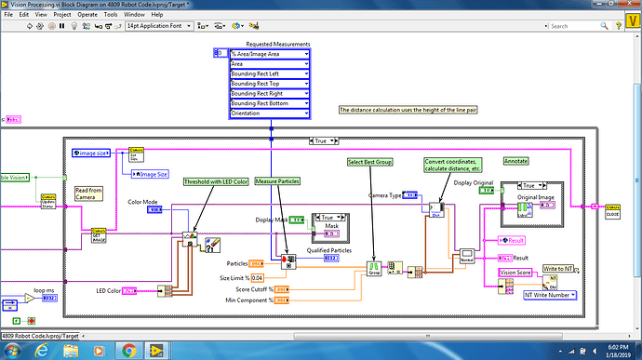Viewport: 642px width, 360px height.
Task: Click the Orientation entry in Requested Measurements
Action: (269, 113)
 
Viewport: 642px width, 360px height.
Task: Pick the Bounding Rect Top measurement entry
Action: (269, 84)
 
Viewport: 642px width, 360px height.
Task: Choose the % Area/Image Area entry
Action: (269, 55)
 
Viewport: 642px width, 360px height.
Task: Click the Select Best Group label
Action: (369, 163)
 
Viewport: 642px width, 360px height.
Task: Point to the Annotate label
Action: (515, 161)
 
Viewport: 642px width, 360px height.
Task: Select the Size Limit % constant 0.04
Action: (257, 277)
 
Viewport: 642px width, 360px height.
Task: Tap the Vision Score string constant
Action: (516, 272)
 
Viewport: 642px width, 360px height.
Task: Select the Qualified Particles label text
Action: (330, 249)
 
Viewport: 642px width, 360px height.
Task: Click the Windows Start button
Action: (16, 351)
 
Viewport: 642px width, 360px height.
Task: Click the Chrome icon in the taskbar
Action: (129, 351)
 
